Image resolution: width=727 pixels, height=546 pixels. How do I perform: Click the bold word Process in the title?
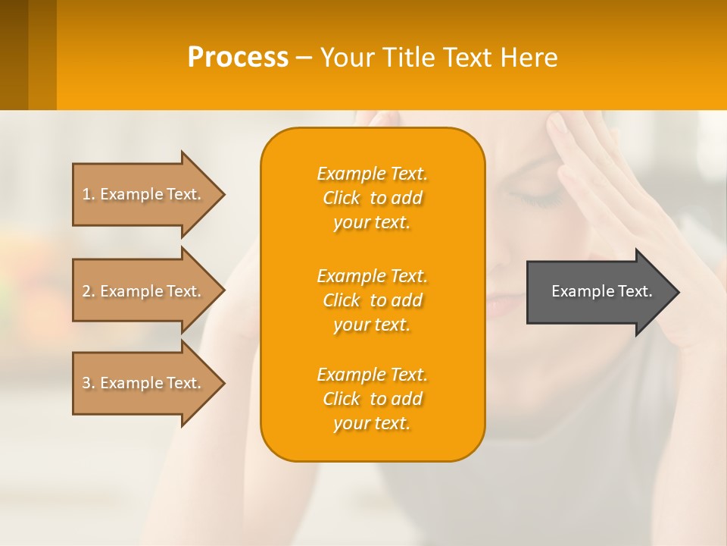[238, 58]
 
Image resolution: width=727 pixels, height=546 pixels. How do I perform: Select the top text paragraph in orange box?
[372, 198]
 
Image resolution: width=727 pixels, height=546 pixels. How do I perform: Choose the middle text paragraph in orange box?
[372, 300]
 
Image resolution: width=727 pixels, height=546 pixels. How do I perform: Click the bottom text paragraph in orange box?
[372, 399]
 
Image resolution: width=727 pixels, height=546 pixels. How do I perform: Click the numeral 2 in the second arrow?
[86, 291]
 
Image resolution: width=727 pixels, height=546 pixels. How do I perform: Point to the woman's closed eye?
[533, 199]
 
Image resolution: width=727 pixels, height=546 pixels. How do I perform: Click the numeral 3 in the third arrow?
[86, 383]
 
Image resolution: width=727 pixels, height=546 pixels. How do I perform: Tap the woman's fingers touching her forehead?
[564, 136]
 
